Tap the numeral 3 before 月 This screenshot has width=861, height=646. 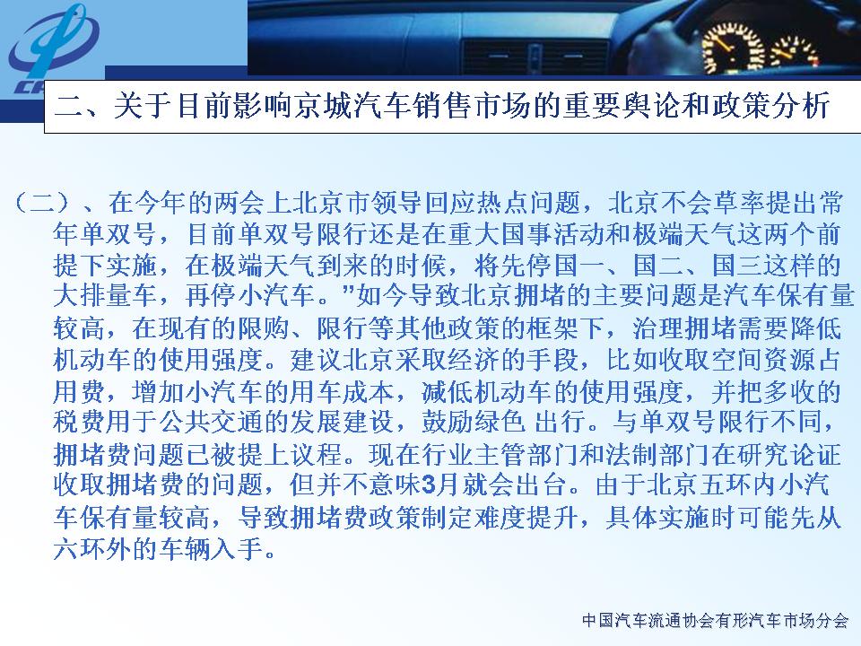pos(429,485)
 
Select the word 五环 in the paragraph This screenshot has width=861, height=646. pos(725,485)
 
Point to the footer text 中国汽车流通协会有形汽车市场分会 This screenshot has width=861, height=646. pos(715,621)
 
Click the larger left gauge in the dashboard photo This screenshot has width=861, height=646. pos(732,48)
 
